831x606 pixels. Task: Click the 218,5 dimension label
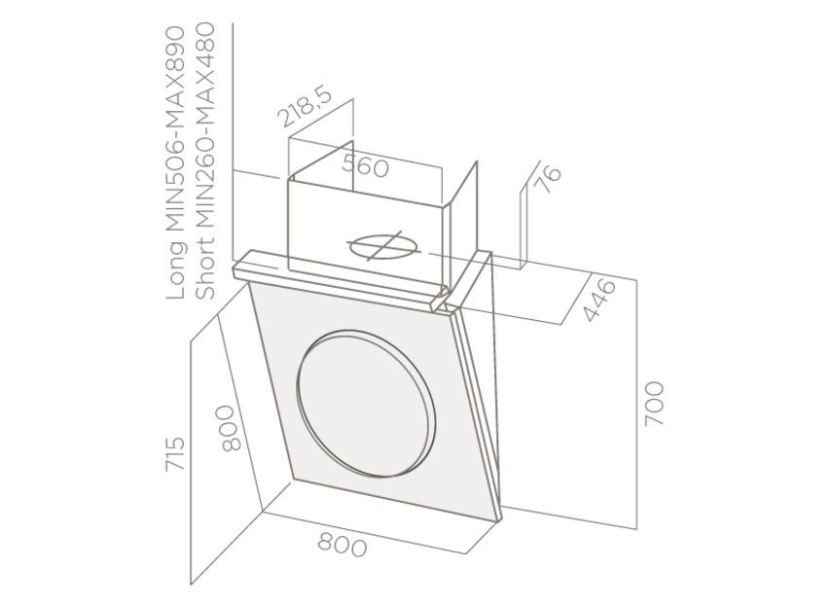point(305,107)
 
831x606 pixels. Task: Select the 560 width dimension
point(366,166)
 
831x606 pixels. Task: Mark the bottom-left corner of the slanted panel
point(296,480)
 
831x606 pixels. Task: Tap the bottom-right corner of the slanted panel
point(498,517)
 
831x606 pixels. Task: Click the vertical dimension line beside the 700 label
point(637,404)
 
